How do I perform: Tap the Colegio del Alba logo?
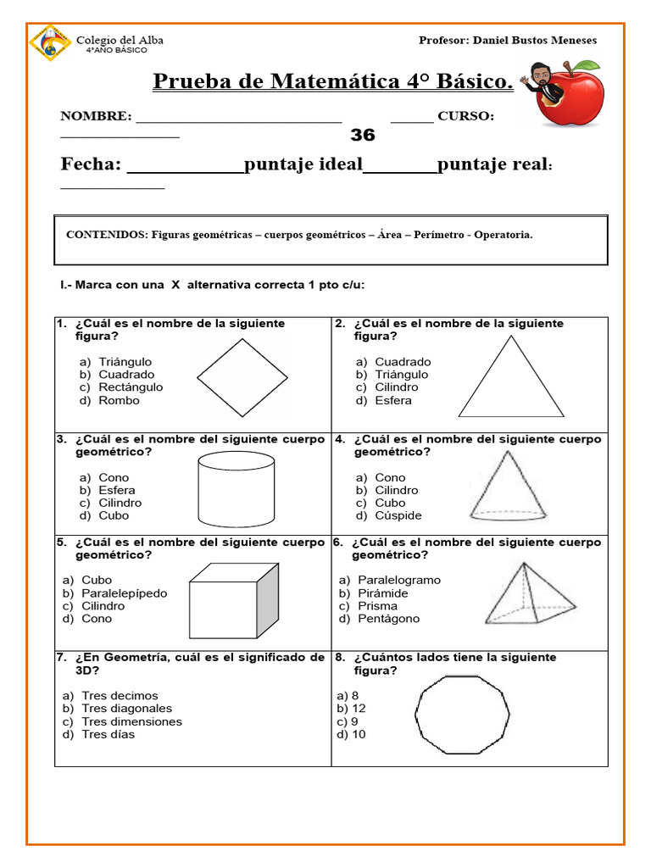50,43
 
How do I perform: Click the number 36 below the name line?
362,136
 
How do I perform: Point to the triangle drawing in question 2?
511,377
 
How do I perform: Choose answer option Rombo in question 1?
119,400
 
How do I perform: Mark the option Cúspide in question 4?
398,515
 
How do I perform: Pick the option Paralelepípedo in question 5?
124,593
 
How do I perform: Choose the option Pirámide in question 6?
382,593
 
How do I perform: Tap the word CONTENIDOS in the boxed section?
107,235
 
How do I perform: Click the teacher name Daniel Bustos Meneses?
534,40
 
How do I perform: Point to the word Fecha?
91,164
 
